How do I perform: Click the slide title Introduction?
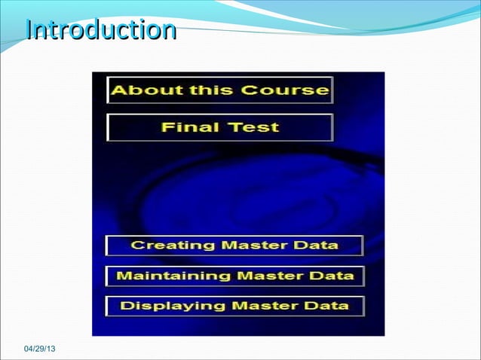[x=100, y=31]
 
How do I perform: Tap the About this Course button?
[x=220, y=90]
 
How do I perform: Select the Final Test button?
[x=220, y=127]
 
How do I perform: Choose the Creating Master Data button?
[x=234, y=246]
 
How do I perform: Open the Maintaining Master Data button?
[x=234, y=276]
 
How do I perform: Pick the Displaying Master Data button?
[x=234, y=306]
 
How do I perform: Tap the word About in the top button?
[x=138, y=90]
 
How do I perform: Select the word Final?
[x=185, y=127]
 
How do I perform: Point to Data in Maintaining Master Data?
[x=331, y=276]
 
